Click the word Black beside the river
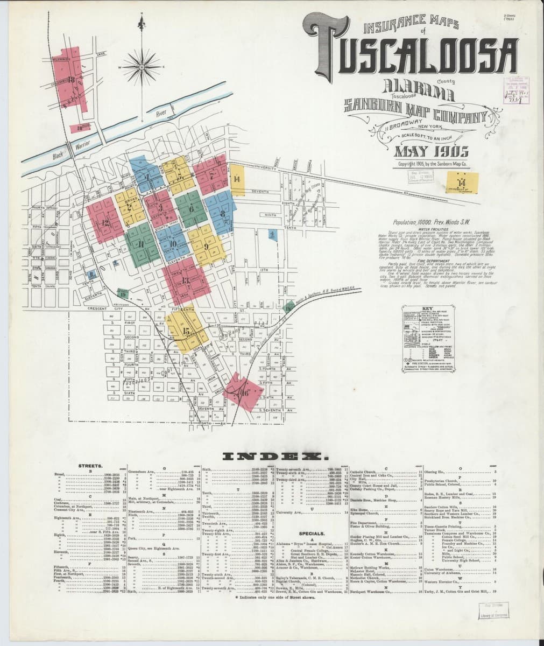point(59,156)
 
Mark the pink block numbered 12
point(105,221)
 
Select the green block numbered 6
point(190,208)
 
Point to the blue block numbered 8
point(221,214)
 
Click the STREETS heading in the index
point(87,465)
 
